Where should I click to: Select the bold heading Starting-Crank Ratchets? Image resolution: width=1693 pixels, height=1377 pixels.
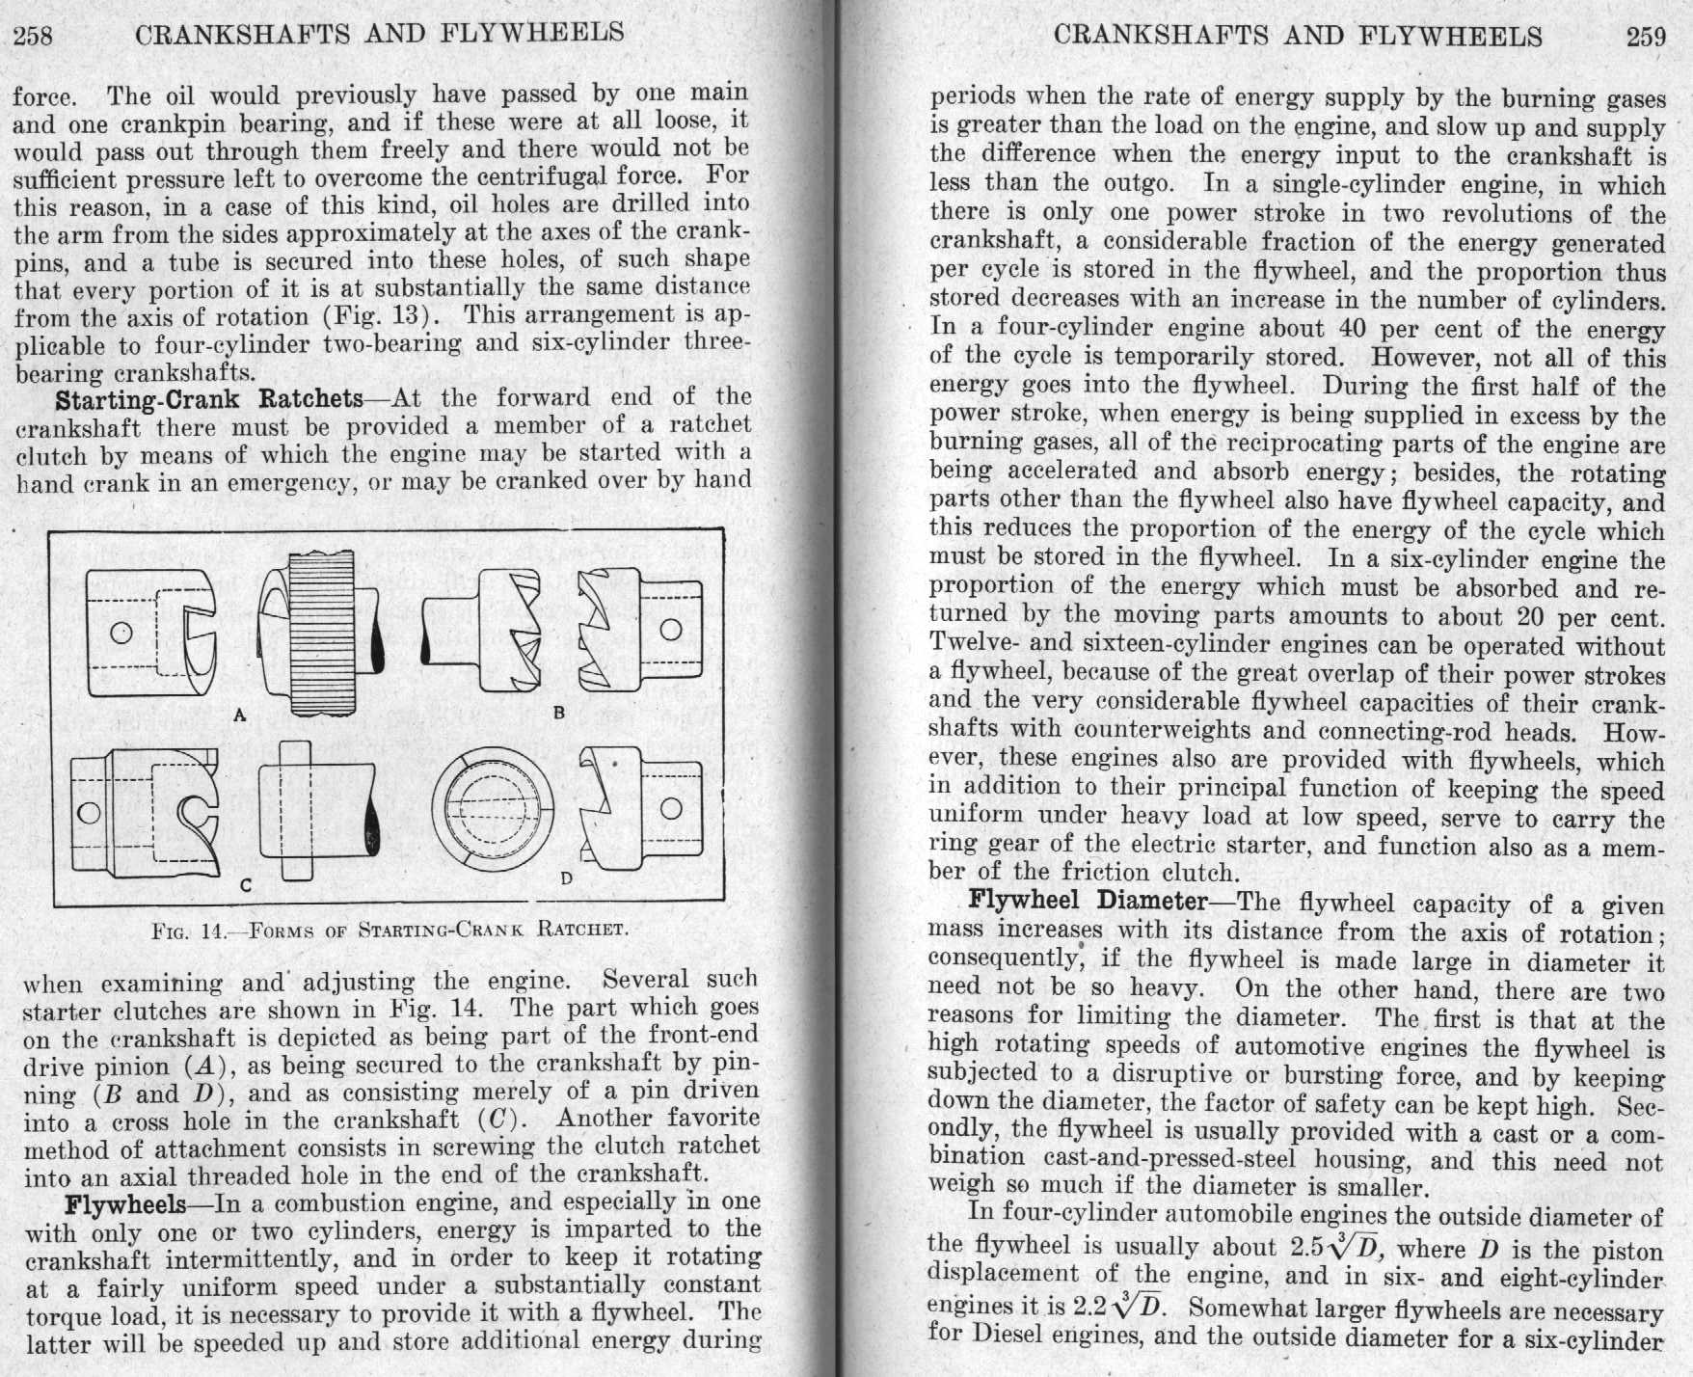click(209, 398)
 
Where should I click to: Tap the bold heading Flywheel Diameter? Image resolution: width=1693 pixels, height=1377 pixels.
click(1088, 902)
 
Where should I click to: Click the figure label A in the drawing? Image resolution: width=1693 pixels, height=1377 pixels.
click(241, 715)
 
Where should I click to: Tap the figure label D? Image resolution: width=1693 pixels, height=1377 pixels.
click(567, 879)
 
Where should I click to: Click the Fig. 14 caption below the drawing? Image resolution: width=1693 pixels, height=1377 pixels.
click(390, 931)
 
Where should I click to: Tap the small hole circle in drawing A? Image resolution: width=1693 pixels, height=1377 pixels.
click(121, 633)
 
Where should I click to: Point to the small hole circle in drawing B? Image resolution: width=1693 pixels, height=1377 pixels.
click(671, 631)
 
